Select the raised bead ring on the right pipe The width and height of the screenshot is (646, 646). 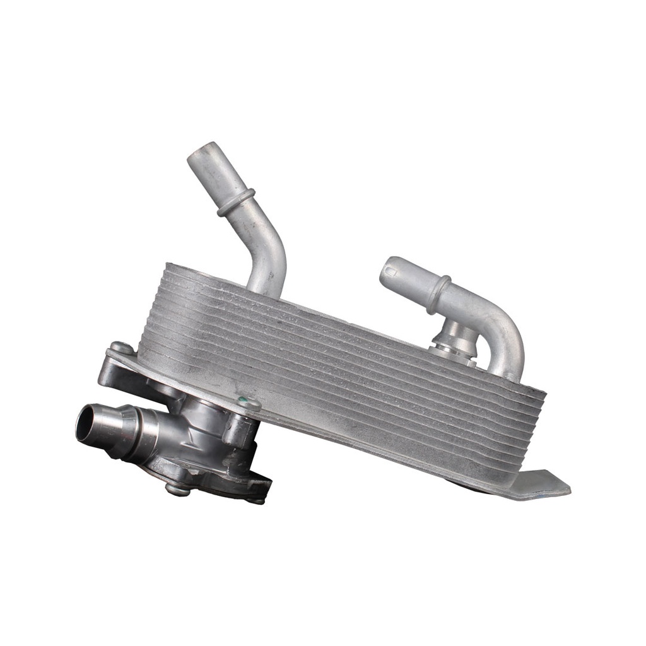click(439, 293)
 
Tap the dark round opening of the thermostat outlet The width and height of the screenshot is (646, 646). click(86, 424)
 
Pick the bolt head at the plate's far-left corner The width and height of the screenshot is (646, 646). click(120, 348)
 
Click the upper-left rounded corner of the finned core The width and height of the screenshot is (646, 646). click(165, 268)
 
